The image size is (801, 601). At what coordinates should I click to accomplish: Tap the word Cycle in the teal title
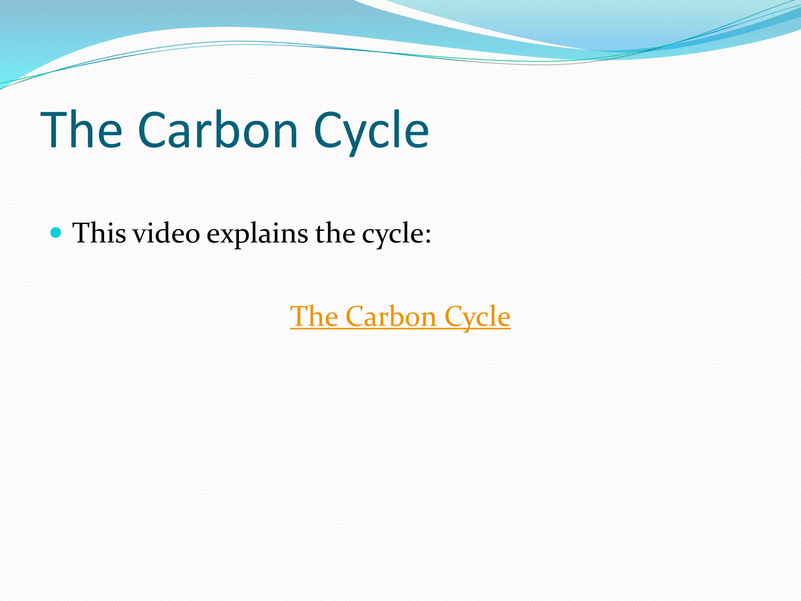371,131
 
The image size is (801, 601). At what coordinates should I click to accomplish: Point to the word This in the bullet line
99,234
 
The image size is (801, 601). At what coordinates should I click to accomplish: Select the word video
166,234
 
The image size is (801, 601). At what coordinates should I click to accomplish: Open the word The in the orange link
314,316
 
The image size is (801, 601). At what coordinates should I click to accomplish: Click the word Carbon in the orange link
391,316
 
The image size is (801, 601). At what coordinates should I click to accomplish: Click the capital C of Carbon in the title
154,131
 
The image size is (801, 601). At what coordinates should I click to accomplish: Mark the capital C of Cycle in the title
329,131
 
